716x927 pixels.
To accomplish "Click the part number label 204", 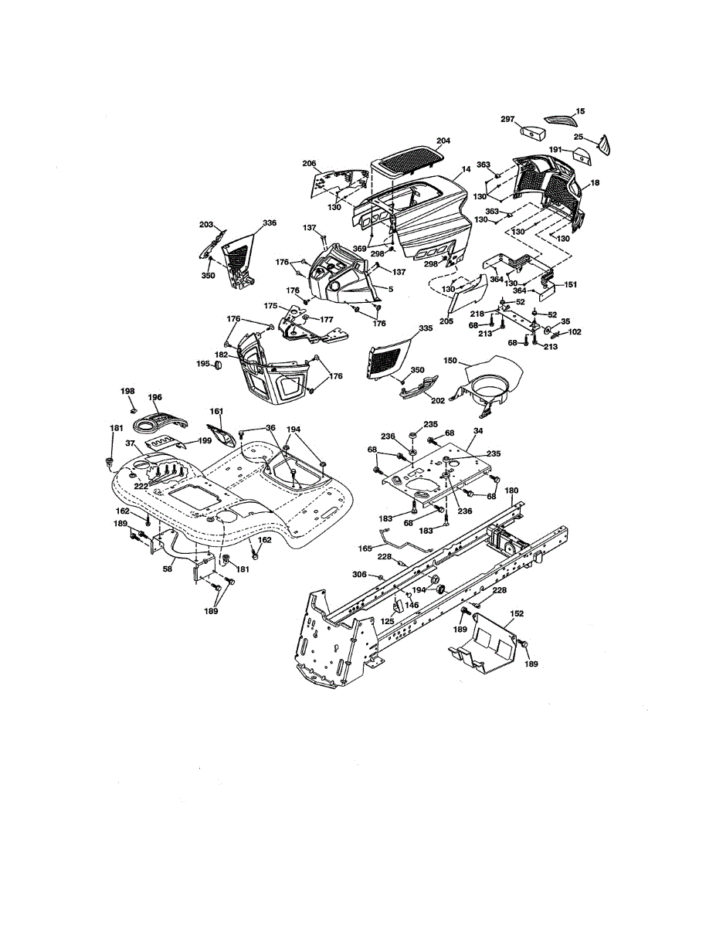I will pos(443,141).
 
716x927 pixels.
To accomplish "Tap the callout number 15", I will pos(581,111).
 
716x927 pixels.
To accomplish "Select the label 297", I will pos(507,119).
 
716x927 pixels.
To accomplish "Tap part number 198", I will pos(127,392).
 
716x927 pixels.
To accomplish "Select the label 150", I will pos(451,361).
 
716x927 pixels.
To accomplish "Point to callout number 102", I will pos(574,332).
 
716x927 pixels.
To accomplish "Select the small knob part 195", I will pos(219,363).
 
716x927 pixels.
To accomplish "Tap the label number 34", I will pos(478,430).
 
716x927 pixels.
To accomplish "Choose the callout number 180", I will pos(512,490).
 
